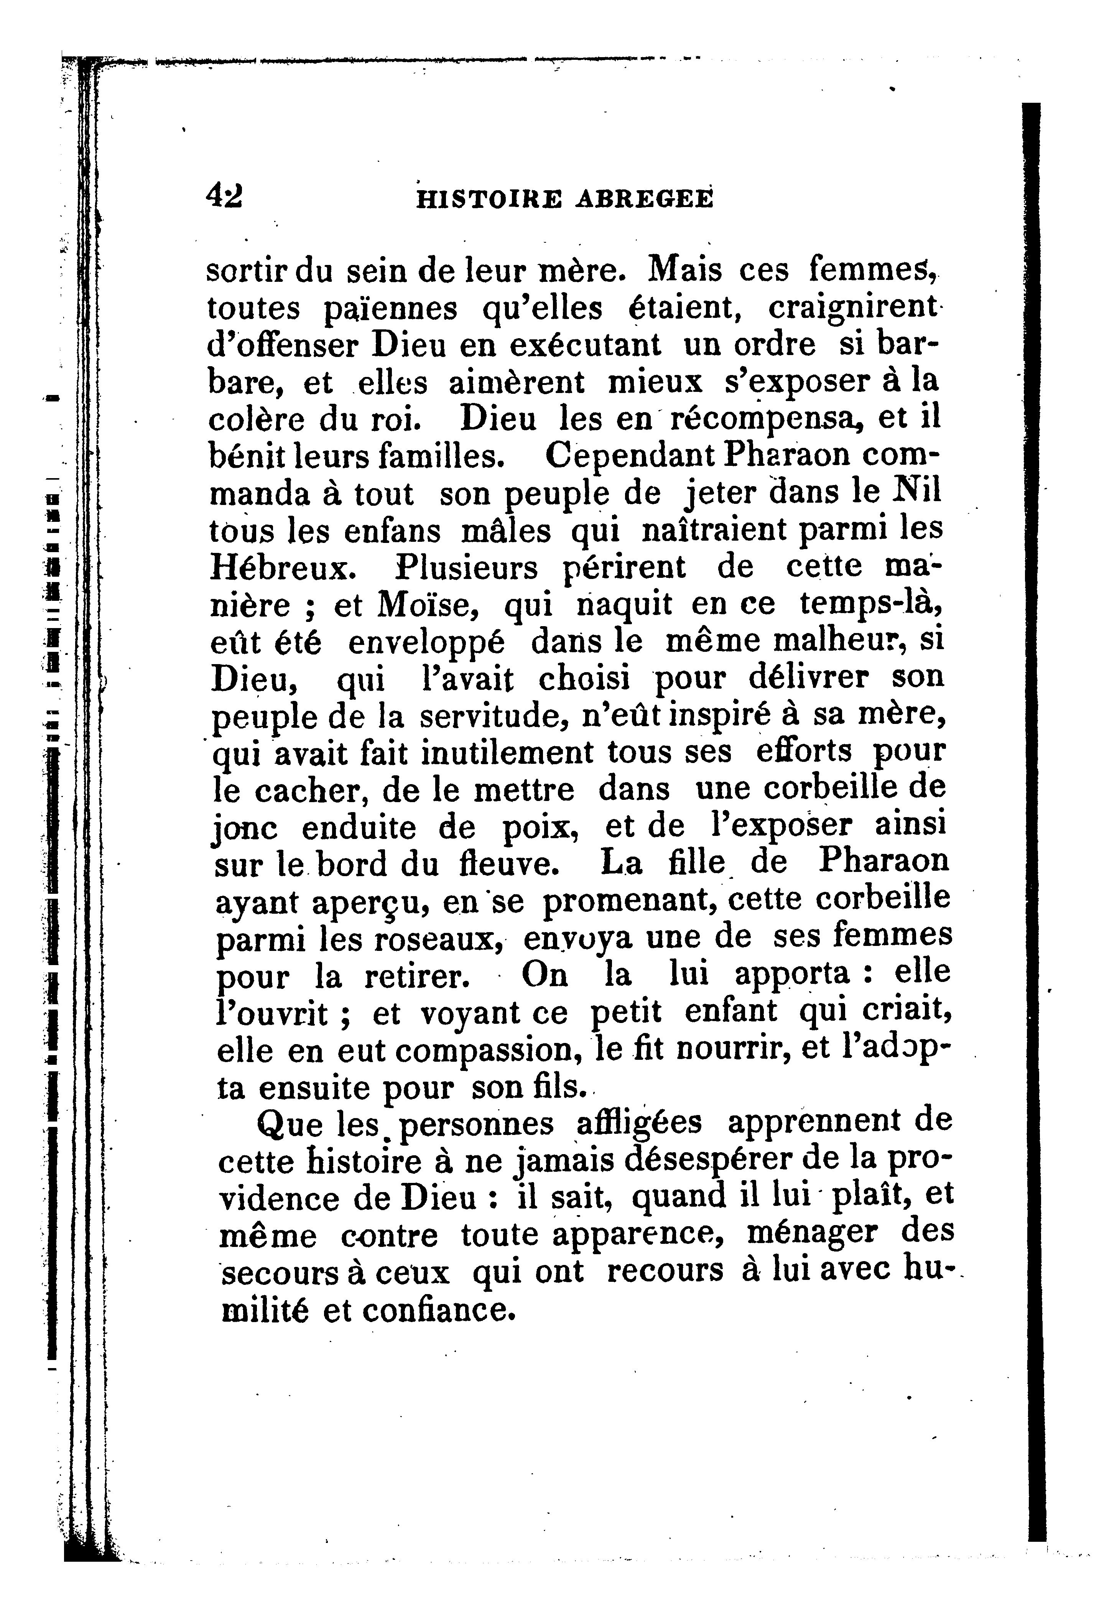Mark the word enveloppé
(426, 643)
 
